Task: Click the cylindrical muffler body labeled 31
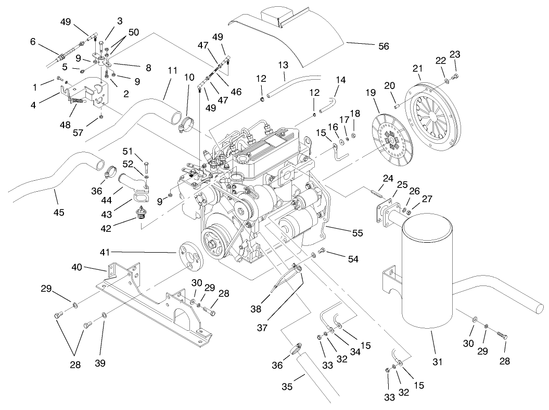pos(428,271)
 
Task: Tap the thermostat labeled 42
pos(140,213)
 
